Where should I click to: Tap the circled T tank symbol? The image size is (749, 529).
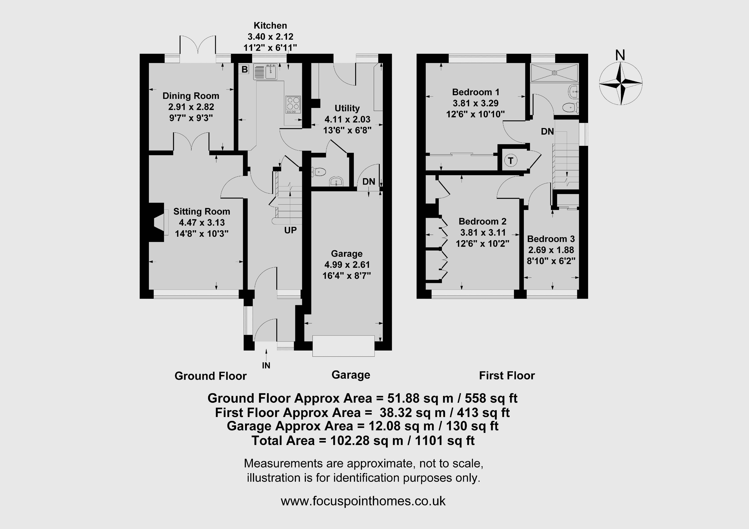click(511, 161)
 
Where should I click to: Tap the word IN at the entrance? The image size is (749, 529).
click(266, 366)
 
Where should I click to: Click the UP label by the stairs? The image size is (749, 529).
click(290, 230)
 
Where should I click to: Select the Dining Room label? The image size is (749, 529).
click(191, 96)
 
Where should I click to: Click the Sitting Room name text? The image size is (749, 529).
click(202, 212)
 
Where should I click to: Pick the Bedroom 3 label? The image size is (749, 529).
click(551, 239)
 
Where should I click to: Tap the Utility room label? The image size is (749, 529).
click(347, 108)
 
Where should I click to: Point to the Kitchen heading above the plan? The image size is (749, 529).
click(270, 25)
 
